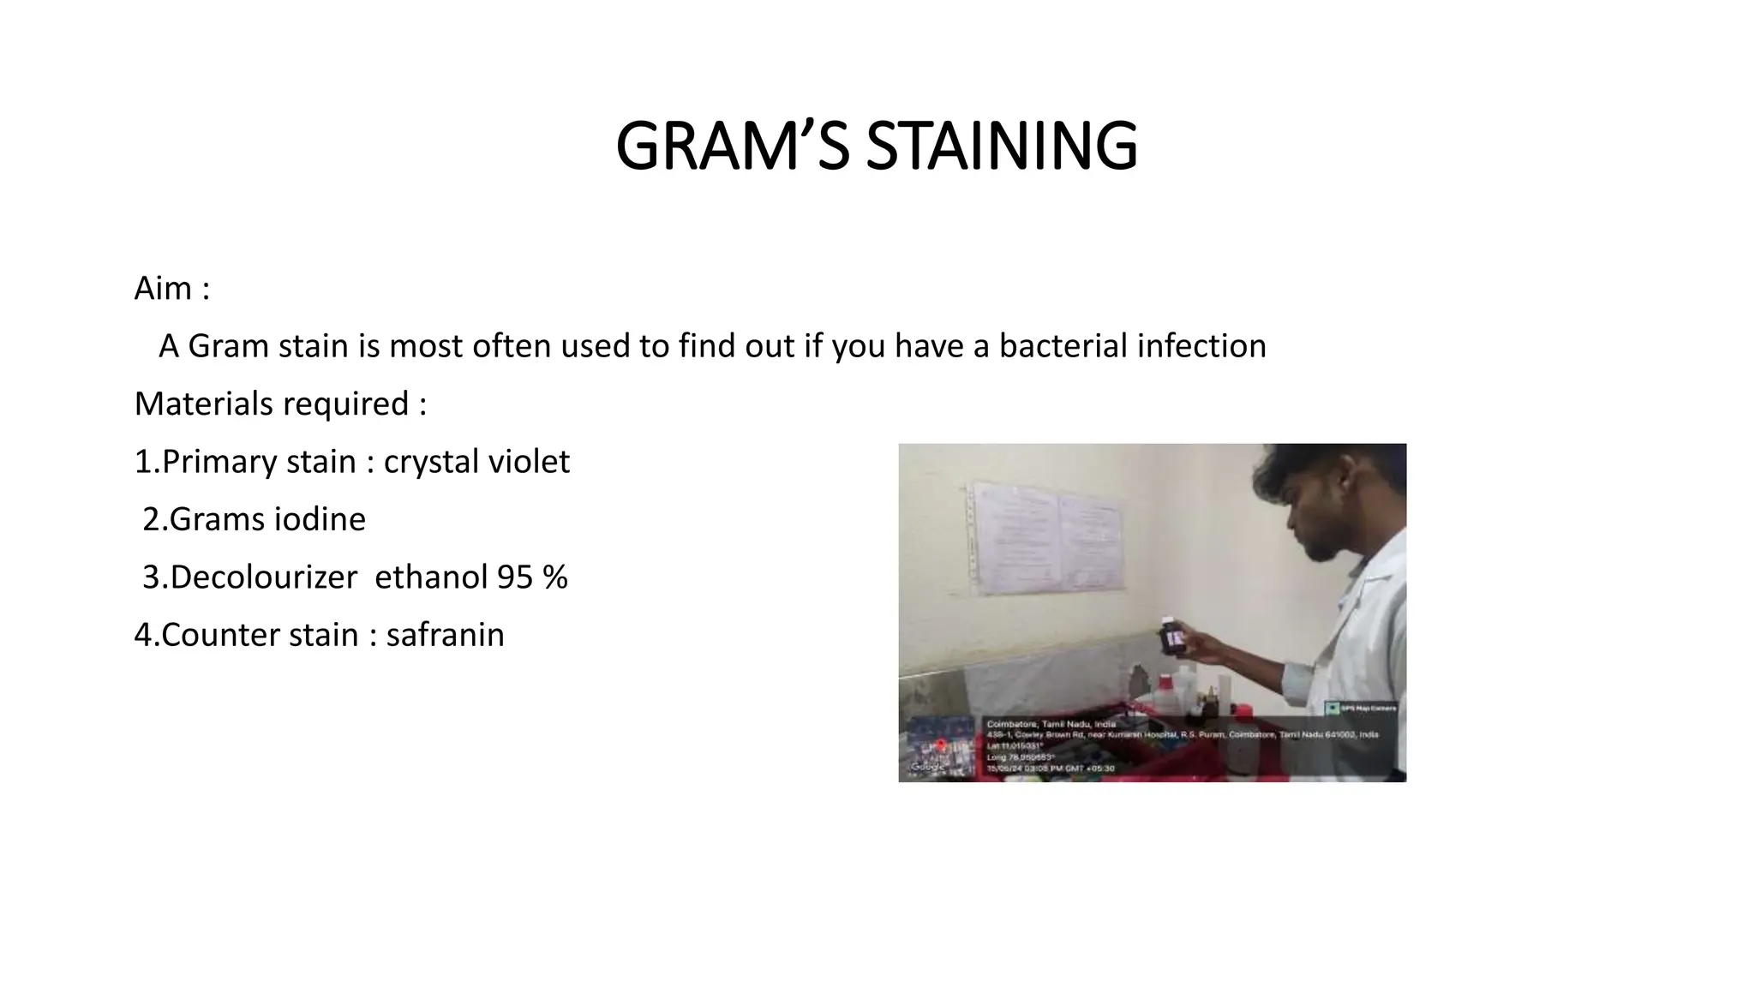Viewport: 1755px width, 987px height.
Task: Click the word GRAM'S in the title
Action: tap(733, 147)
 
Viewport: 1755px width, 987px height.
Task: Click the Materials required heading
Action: tap(280, 404)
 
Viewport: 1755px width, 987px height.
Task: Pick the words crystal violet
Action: tap(476, 462)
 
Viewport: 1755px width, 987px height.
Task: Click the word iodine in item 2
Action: tap(320, 519)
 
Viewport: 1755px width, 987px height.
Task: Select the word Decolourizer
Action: tap(263, 577)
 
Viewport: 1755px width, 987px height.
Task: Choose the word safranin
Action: tap(445, 635)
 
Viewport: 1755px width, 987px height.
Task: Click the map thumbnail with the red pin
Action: tap(941, 748)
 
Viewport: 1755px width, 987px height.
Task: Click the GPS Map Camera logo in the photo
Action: tap(1360, 708)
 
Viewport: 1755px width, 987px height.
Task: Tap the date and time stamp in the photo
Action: tap(1051, 769)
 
